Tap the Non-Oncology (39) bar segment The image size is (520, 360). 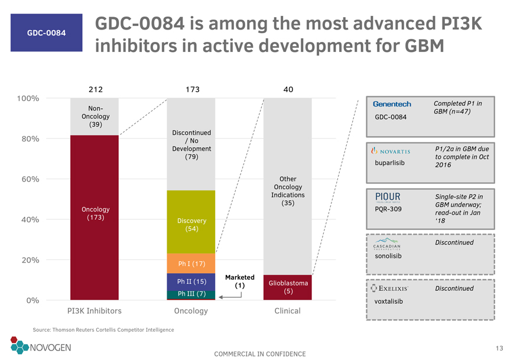(x=95, y=116)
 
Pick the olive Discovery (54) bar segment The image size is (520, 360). (x=191, y=222)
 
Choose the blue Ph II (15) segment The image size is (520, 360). (x=191, y=281)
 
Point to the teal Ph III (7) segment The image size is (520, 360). (x=191, y=294)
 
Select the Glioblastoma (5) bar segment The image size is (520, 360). (x=288, y=287)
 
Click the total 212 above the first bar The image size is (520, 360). (x=96, y=89)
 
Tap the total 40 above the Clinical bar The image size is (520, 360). (x=288, y=89)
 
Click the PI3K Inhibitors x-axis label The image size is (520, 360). (x=95, y=311)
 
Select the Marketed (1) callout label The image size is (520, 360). (x=239, y=282)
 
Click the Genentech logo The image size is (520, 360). (x=392, y=105)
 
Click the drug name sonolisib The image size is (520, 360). (x=388, y=256)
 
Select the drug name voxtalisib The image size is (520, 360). (x=389, y=301)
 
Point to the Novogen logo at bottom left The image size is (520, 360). (x=40, y=346)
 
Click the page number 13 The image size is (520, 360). (x=499, y=348)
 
